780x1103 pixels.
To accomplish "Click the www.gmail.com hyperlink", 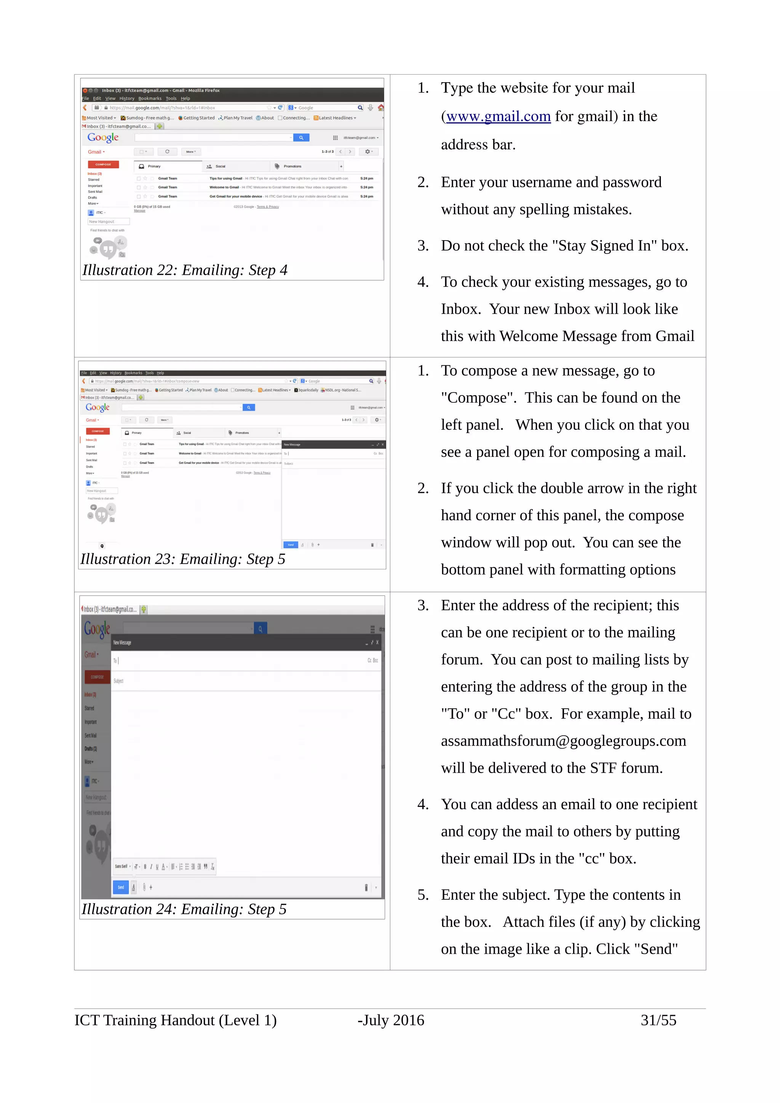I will [x=498, y=116].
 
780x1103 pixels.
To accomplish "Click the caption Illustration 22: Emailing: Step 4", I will [x=185, y=270].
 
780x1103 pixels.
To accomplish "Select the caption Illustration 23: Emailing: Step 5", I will [x=183, y=559].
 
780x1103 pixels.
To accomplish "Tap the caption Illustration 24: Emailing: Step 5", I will [x=184, y=909].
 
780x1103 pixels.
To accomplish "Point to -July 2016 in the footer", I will [x=391, y=1020].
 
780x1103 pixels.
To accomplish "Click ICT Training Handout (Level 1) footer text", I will [x=176, y=1020].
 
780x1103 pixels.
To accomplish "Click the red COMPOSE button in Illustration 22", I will [x=103, y=164].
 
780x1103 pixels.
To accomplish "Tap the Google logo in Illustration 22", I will [x=103, y=137].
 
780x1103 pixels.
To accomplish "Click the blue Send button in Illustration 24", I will [x=121, y=887].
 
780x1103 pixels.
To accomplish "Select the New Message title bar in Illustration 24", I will [x=240, y=642].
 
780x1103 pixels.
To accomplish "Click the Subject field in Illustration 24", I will [x=240, y=681].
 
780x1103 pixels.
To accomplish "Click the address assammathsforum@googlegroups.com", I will [x=563, y=741].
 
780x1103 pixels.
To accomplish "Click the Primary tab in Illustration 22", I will [x=154, y=166].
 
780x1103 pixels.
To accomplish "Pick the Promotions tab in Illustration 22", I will [x=292, y=166].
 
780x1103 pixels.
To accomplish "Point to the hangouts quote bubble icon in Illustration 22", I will [x=108, y=249].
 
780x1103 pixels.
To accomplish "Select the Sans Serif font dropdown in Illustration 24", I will [x=123, y=866].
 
